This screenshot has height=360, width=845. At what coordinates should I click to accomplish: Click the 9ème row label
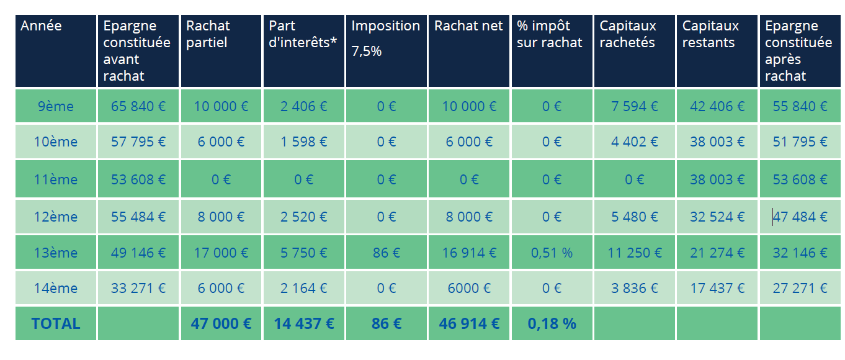coord(56,106)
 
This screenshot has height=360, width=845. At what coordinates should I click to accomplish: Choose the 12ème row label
coord(56,217)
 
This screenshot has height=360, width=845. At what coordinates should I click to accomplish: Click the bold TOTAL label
coord(56,323)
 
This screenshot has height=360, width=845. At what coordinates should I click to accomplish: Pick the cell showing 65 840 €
coord(138,106)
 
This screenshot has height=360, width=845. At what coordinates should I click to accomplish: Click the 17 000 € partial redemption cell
coord(221,253)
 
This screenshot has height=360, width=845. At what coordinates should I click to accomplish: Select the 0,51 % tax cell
coord(552,253)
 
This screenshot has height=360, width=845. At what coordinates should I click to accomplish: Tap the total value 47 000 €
coord(221,323)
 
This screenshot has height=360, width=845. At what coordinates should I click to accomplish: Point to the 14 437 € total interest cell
coord(303,323)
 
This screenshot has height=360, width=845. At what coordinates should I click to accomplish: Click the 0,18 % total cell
coord(552,323)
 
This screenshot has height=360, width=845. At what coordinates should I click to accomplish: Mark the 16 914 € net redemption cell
coord(469,253)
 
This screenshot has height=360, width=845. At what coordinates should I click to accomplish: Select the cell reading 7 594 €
coord(634,106)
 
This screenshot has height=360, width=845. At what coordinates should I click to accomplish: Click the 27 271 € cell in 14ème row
coord(800,288)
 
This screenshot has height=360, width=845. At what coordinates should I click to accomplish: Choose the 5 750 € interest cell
coord(303,253)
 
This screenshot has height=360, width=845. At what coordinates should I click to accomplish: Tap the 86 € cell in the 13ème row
coord(386,253)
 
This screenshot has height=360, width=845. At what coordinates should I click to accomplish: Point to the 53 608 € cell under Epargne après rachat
coord(800,179)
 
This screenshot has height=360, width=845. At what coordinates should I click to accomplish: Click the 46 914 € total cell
coord(469,323)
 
